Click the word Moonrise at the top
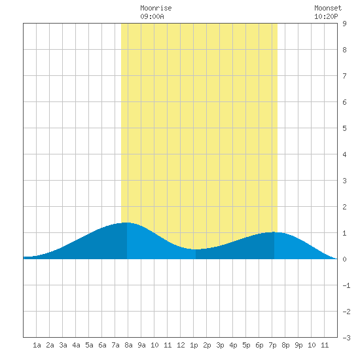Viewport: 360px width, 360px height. (156, 9)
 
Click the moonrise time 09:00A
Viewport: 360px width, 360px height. (152, 16)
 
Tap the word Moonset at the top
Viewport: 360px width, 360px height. (328, 9)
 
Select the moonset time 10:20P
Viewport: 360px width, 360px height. (326, 16)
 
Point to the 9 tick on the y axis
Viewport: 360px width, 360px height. (344, 24)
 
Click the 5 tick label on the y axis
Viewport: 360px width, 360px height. (344, 128)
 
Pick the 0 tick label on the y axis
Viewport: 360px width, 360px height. (344, 259)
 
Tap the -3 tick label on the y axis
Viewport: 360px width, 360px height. (347, 338)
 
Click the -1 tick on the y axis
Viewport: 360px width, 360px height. (347, 285)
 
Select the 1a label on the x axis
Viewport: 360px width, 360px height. (37, 345)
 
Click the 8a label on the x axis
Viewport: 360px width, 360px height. (128, 345)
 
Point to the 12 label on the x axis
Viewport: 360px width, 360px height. (181, 345)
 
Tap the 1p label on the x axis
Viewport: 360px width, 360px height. (194, 345)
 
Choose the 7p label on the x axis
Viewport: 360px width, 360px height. (272, 345)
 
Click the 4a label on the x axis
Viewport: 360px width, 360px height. (76, 345)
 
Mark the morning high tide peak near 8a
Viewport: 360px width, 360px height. (126, 223)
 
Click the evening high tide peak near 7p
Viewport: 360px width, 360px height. (274, 232)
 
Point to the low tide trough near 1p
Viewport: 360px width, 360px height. (195, 249)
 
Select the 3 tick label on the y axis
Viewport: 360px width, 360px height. (344, 181)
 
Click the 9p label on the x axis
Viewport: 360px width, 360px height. (298, 345)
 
